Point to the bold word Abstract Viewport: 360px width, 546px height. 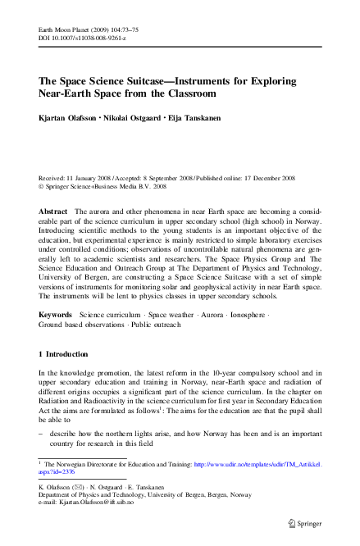click(53, 212)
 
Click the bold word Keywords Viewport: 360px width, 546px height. click(56, 315)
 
